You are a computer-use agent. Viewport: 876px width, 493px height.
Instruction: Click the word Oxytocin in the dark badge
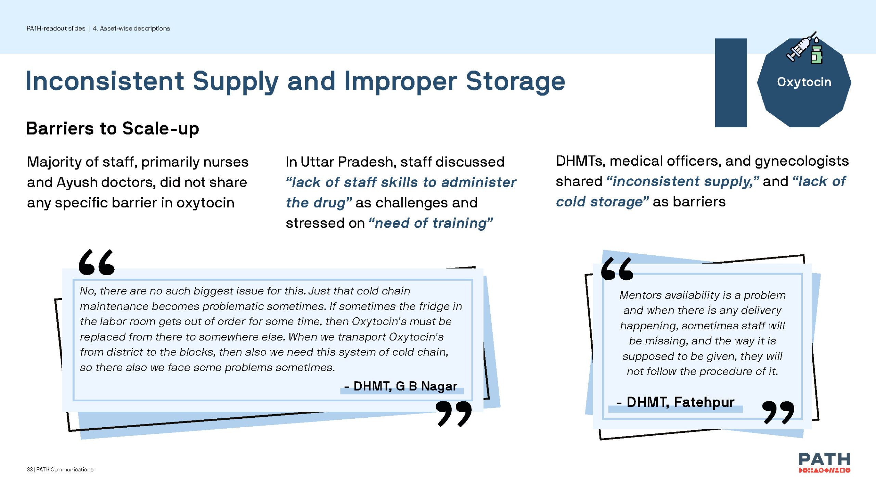(x=804, y=82)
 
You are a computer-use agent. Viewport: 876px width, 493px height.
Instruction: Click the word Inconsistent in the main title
(x=105, y=81)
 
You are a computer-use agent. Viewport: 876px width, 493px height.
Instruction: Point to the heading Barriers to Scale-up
(x=113, y=129)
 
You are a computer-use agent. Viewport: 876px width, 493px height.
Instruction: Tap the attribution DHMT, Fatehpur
(x=675, y=402)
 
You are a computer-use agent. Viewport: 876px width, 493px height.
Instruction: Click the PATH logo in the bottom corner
(x=824, y=463)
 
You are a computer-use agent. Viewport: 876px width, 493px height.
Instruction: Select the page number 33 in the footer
(x=30, y=469)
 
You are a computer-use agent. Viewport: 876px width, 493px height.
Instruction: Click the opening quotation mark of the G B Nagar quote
(x=96, y=262)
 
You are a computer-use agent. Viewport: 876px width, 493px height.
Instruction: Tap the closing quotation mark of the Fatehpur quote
(x=778, y=413)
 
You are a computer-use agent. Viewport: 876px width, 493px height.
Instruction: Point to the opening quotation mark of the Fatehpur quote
(x=617, y=269)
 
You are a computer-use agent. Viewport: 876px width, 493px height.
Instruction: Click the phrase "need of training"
(x=431, y=223)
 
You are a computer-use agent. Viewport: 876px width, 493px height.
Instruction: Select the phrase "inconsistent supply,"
(x=683, y=181)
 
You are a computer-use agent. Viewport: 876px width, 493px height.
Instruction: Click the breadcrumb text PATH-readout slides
(x=56, y=28)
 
